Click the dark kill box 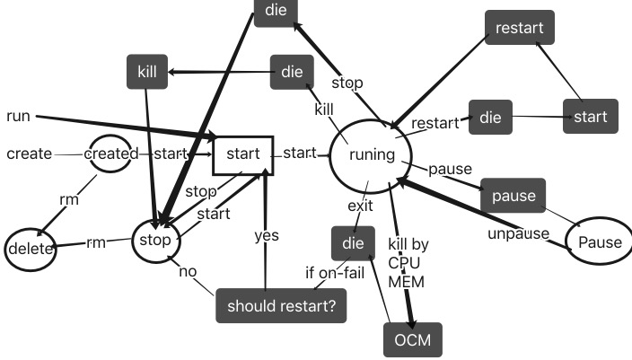click(147, 73)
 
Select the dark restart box click(519, 28)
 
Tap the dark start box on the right click(591, 116)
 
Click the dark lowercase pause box click(513, 195)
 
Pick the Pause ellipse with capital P click(600, 242)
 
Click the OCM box click(413, 339)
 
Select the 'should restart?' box click(281, 305)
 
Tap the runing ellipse click(371, 154)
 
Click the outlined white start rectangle click(241, 154)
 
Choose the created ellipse click(111, 154)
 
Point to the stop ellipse click(157, 240)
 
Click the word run click(18, 116)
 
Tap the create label click(29, 154)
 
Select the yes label click(266, 235)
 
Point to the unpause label click(518, 234)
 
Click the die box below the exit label click(347, 241)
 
